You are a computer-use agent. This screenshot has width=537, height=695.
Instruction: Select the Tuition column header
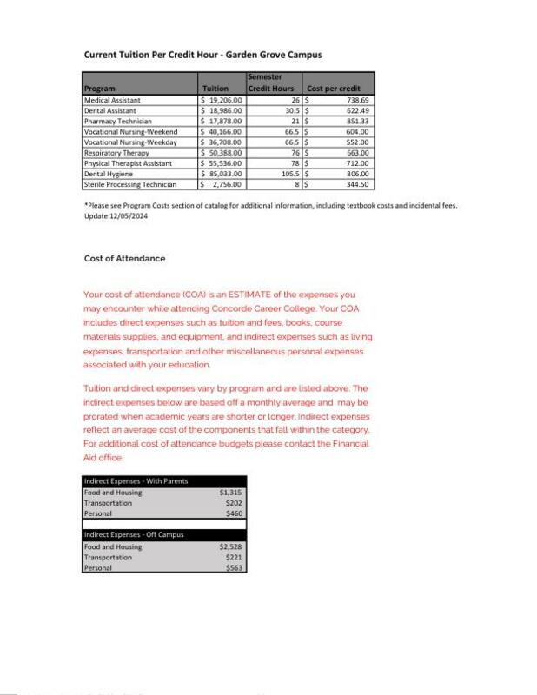click(215, 89)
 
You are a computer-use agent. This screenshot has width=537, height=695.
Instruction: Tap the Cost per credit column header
click(334, 89)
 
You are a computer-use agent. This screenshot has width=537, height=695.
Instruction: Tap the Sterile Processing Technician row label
click(130, 184)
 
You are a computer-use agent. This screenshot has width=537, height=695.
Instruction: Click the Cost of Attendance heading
click(124, 259)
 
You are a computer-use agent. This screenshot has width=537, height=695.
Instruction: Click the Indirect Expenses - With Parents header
click(136, 481)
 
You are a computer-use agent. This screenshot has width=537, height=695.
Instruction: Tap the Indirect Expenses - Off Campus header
click(135, 534)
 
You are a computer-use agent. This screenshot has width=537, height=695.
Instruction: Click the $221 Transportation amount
click(233, 557)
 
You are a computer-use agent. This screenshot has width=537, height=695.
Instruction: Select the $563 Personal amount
click(233, 567)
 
